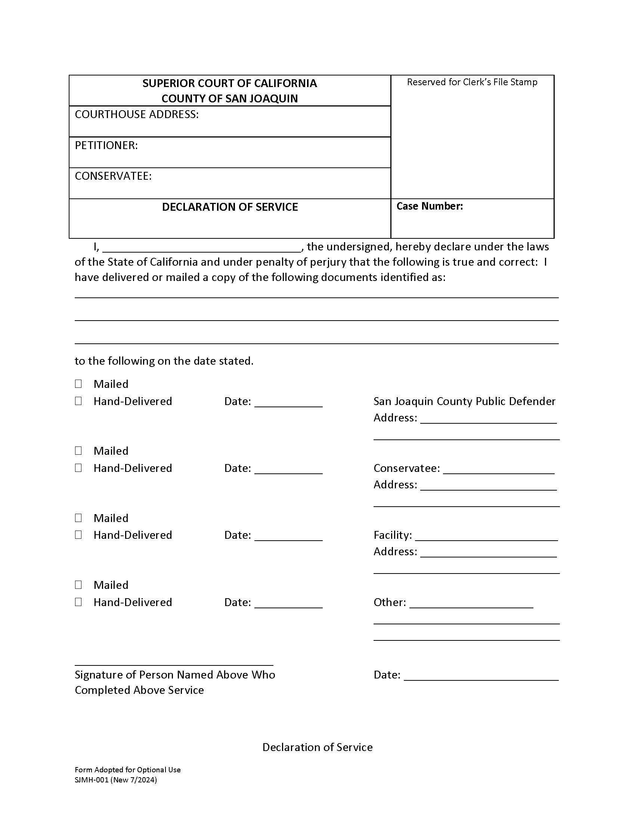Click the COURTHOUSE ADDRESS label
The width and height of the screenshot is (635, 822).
click(137, 114)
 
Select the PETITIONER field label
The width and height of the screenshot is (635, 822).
click(106, 145)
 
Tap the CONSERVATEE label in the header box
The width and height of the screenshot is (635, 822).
click(113, 176)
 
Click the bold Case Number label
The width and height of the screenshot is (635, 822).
click(429, 206)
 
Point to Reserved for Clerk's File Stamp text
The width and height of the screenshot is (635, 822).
click(472, 82)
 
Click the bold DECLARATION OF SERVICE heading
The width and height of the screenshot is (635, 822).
click(229, 207)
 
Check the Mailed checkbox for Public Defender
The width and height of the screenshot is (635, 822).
click(78, 384)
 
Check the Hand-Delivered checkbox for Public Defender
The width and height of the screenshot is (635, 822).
click(78, 401)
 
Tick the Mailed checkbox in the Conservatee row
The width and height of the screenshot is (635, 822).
click(78, 451)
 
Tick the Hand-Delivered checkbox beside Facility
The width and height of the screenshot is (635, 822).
click(78, 535)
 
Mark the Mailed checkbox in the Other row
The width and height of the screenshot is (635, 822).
click(78, 585)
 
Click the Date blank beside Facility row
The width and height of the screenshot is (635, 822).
click(288, 536)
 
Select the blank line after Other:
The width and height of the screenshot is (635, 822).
click(471, 603)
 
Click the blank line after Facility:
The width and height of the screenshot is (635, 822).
click(486, 536)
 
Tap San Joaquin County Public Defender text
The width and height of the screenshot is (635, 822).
click(464, 401)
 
